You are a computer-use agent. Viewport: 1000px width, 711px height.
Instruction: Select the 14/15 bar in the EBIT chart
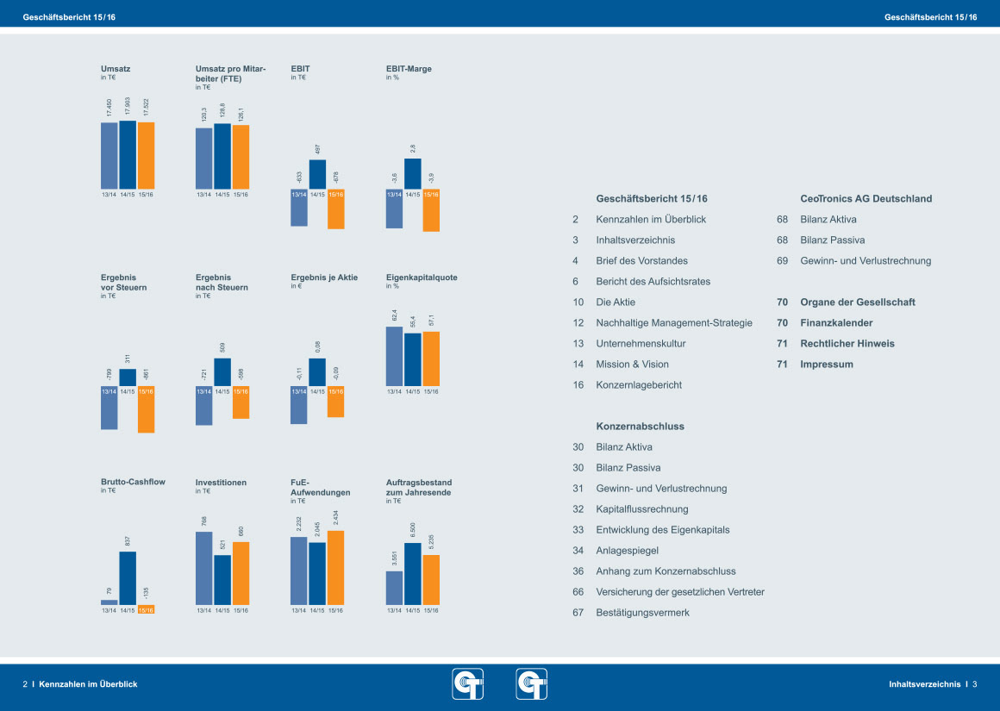click(317, 174)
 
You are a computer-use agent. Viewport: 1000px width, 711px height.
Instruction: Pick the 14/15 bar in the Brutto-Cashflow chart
click(128, 578)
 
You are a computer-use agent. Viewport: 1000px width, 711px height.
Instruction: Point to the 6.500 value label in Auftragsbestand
click(413, 530)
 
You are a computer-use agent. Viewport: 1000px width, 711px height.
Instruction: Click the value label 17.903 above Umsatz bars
click(128, 106)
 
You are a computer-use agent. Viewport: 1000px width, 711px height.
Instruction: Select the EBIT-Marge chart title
click(409, 68)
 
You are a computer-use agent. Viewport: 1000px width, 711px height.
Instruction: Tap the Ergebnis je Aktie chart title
click(324, 278)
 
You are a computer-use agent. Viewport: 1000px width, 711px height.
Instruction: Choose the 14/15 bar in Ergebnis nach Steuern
click(222, 371)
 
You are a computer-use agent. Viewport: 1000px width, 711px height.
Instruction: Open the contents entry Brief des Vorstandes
click(641, 260)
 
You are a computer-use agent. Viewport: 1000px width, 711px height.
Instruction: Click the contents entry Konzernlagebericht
click(638, 384)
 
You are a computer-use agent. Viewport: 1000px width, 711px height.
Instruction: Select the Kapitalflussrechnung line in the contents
click(641, 508)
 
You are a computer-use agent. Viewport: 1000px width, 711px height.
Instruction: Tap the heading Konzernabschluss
click(640, 426)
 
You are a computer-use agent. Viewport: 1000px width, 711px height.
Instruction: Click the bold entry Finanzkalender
click(836, 322)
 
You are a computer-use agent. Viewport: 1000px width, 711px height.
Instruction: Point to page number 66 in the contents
click(578, 591)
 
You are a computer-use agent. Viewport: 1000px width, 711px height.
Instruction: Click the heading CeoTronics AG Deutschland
click(866, 198)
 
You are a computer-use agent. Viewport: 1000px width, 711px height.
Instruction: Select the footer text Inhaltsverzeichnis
click(924, 684)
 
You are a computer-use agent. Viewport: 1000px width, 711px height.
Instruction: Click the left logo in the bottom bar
click(468, 684)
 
